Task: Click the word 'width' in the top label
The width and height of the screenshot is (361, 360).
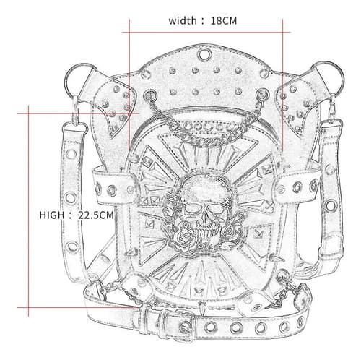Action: pyautogui.click(x=183, y=21)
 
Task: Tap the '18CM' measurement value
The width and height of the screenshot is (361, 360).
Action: pyautogui.click(x=224, y=21)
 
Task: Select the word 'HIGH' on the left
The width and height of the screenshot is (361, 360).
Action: pyautogui.click(x=52, y=215)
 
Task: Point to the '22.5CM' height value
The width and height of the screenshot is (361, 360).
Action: pyautogui.click(x=95, y=215)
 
